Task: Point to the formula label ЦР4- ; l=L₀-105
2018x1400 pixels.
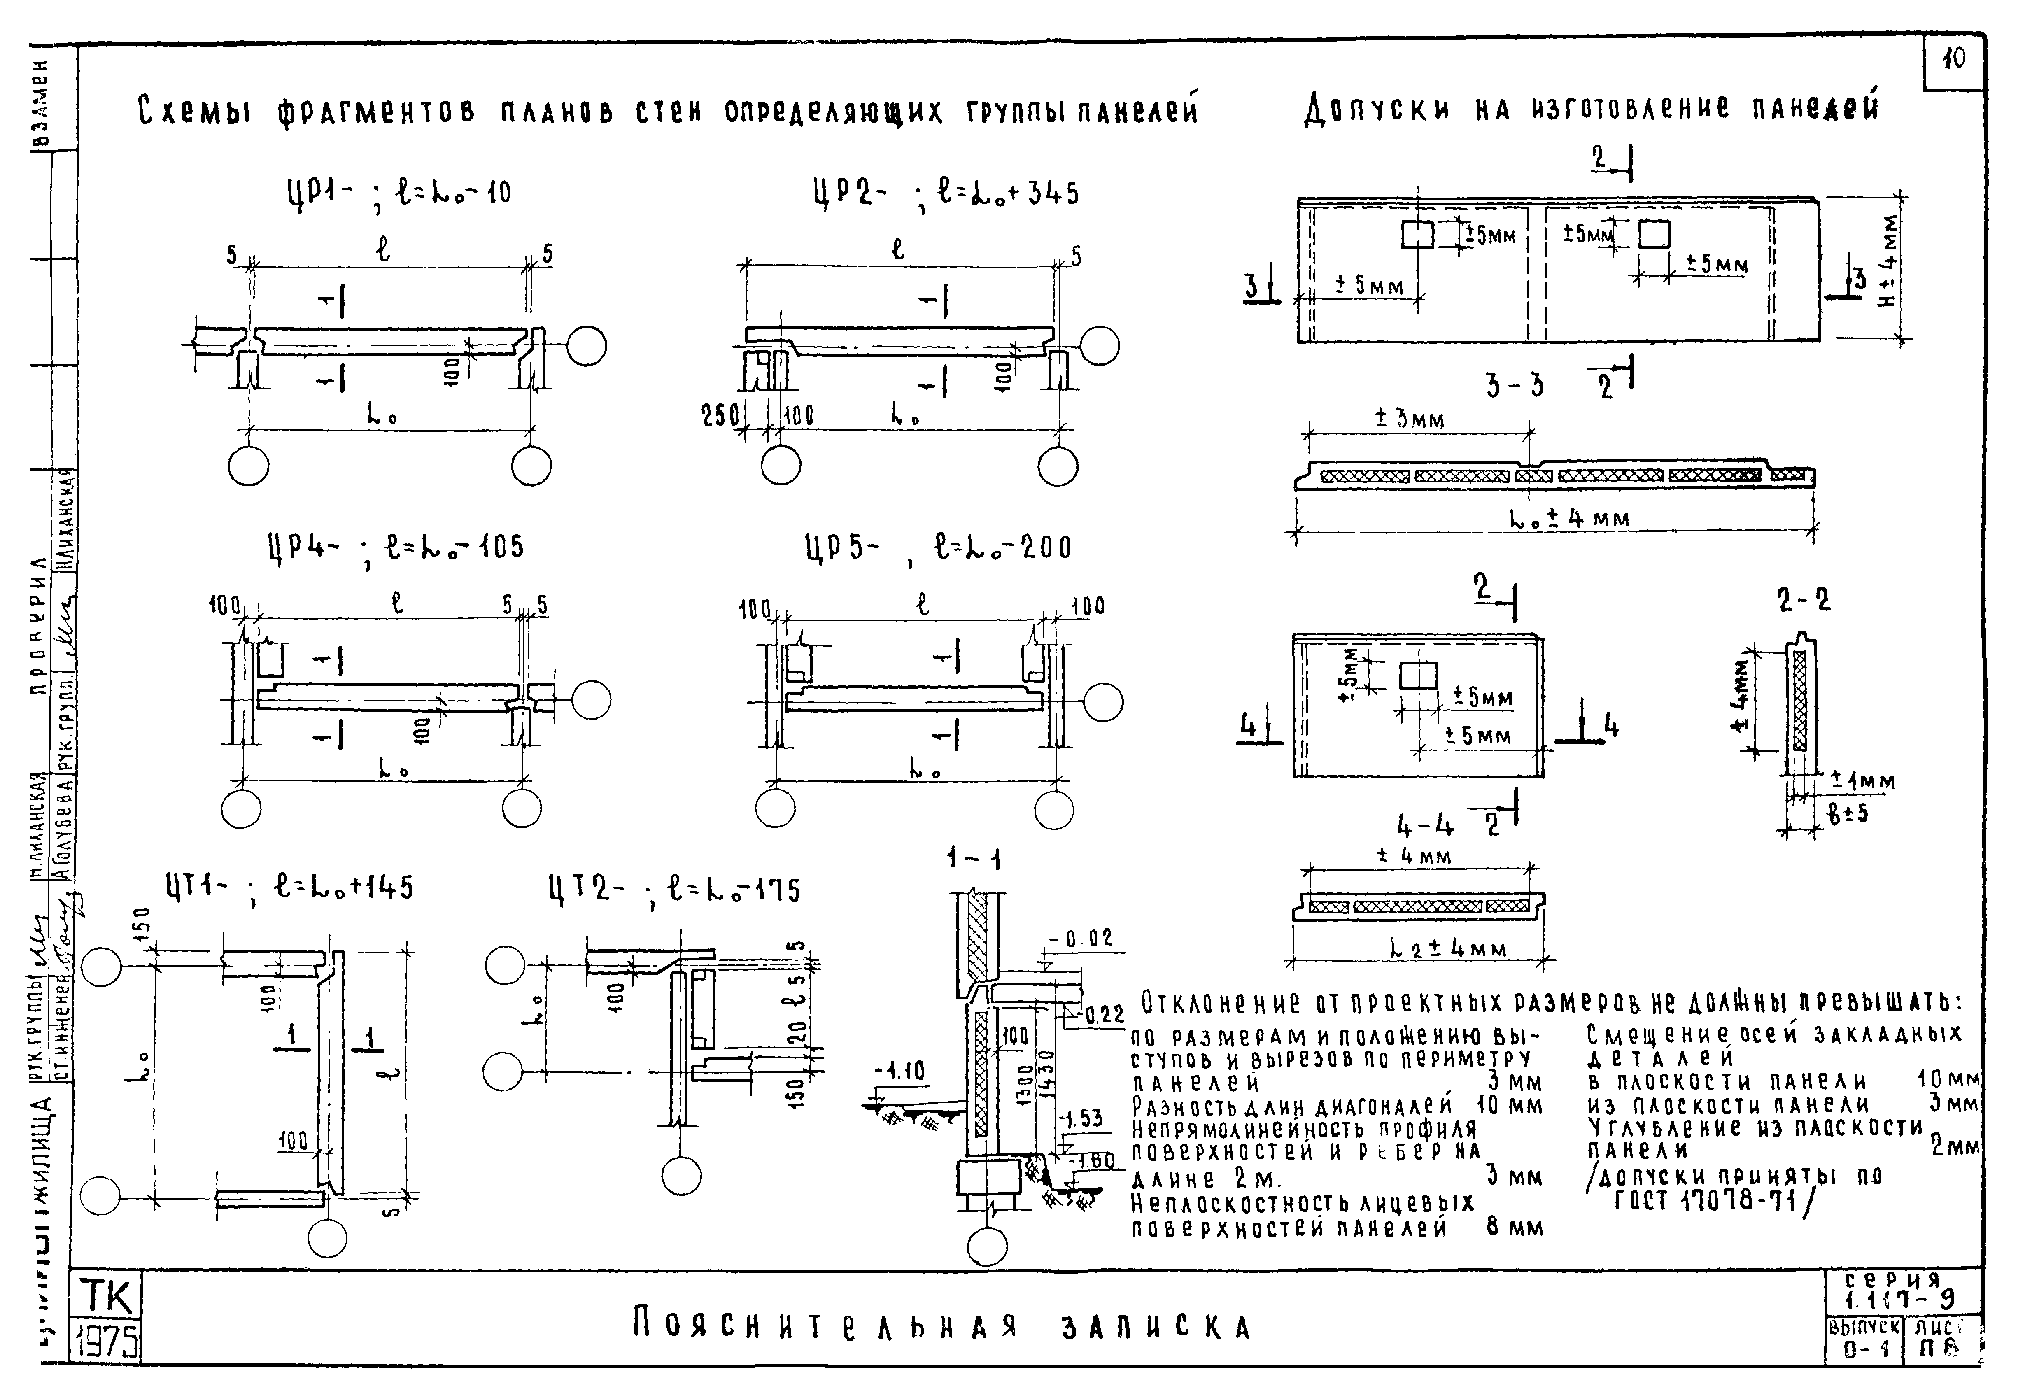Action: tap(395, 547)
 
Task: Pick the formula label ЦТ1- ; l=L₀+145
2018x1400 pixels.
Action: tap(289, 889)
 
